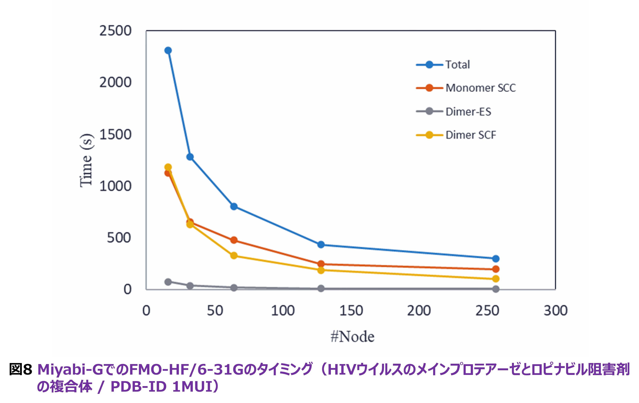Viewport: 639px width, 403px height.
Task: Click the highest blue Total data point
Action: (168, 50)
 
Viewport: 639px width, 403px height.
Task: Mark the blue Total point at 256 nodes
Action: (495, 259)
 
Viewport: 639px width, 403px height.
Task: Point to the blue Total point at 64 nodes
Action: (234, 206)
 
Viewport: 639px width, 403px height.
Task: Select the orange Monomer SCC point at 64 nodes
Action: (234, 240)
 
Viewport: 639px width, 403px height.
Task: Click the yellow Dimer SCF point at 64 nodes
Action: (234, 256)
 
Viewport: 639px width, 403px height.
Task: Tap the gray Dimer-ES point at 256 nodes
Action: (495, 289)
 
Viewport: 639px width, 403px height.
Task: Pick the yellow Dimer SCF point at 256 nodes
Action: (495, 279)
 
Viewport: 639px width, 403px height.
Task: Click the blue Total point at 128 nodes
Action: (321, 244)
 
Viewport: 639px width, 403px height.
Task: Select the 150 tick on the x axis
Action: (351, 311)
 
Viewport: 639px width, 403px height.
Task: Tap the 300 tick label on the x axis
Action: (555, 311)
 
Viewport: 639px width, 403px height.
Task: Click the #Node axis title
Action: (352, 337)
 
